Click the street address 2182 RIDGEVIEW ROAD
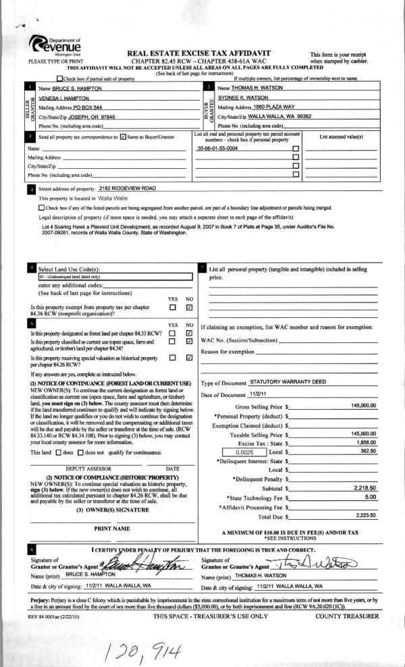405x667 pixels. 127,188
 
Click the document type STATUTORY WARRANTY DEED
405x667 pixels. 288,381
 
